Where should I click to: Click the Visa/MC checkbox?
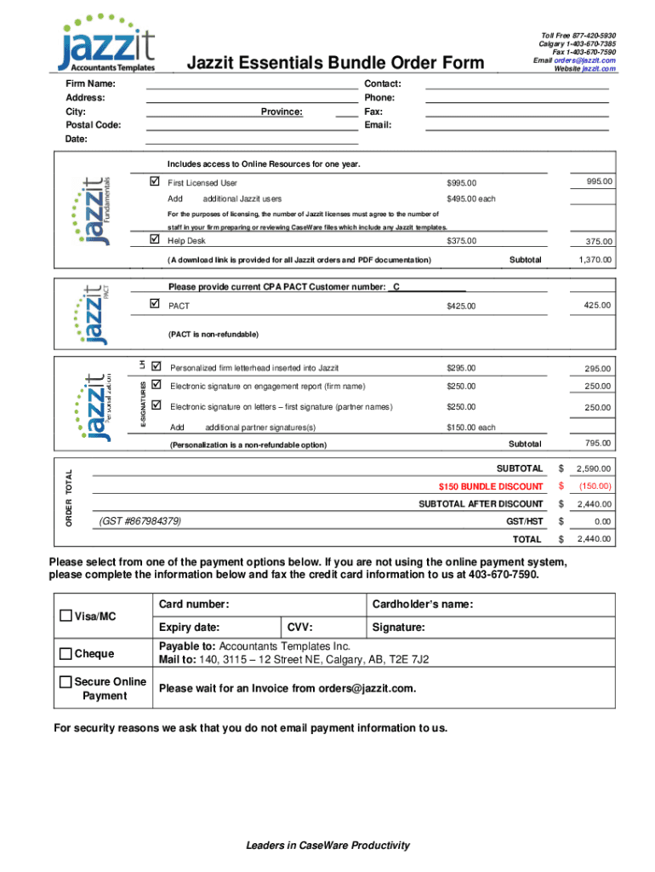click(65, 616)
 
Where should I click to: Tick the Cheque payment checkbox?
click(65, 654)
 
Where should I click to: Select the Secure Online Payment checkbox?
click(65, 682)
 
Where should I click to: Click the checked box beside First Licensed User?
click(154, 182)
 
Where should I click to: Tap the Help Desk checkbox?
click(154, 241)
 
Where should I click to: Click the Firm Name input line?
click(252, 83)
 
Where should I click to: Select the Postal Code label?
click(93, 125)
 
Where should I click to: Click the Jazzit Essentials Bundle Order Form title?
click(335, 63)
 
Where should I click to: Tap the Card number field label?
click(194, 605)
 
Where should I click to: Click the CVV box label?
click(300, 628)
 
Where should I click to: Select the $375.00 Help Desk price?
click(462, 241)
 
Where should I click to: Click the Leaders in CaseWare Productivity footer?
click(327, 846)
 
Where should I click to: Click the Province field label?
click(282, 112)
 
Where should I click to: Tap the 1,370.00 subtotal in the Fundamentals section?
click(594, 260)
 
